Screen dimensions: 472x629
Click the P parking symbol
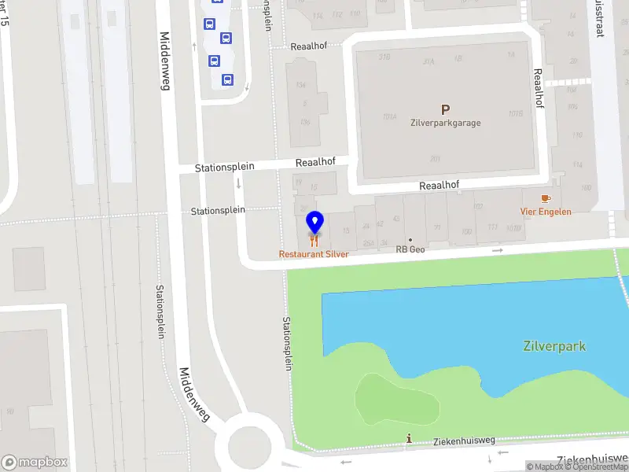coord(445,110)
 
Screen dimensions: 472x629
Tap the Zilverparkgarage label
coord(445,123)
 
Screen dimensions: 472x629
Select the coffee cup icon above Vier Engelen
coord(546,198)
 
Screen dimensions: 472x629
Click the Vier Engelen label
coord(546,212)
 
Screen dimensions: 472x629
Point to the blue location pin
coord(314,221)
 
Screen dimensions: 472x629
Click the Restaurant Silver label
coord(314,254)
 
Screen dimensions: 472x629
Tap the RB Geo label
coord(410,249)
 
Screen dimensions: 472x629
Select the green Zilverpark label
coord(554,346)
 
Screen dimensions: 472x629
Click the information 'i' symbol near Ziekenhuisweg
coord(408,438)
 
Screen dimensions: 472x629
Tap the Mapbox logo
coord(35,463)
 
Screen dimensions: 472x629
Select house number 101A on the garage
coord(389,116)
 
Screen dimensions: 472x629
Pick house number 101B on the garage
coord(515,113)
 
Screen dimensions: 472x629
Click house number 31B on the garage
coord(384,57)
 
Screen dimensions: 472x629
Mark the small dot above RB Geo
coord(410,239)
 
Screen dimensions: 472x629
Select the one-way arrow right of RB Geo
coord(497,250)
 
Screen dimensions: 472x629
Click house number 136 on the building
coord(305,122)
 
